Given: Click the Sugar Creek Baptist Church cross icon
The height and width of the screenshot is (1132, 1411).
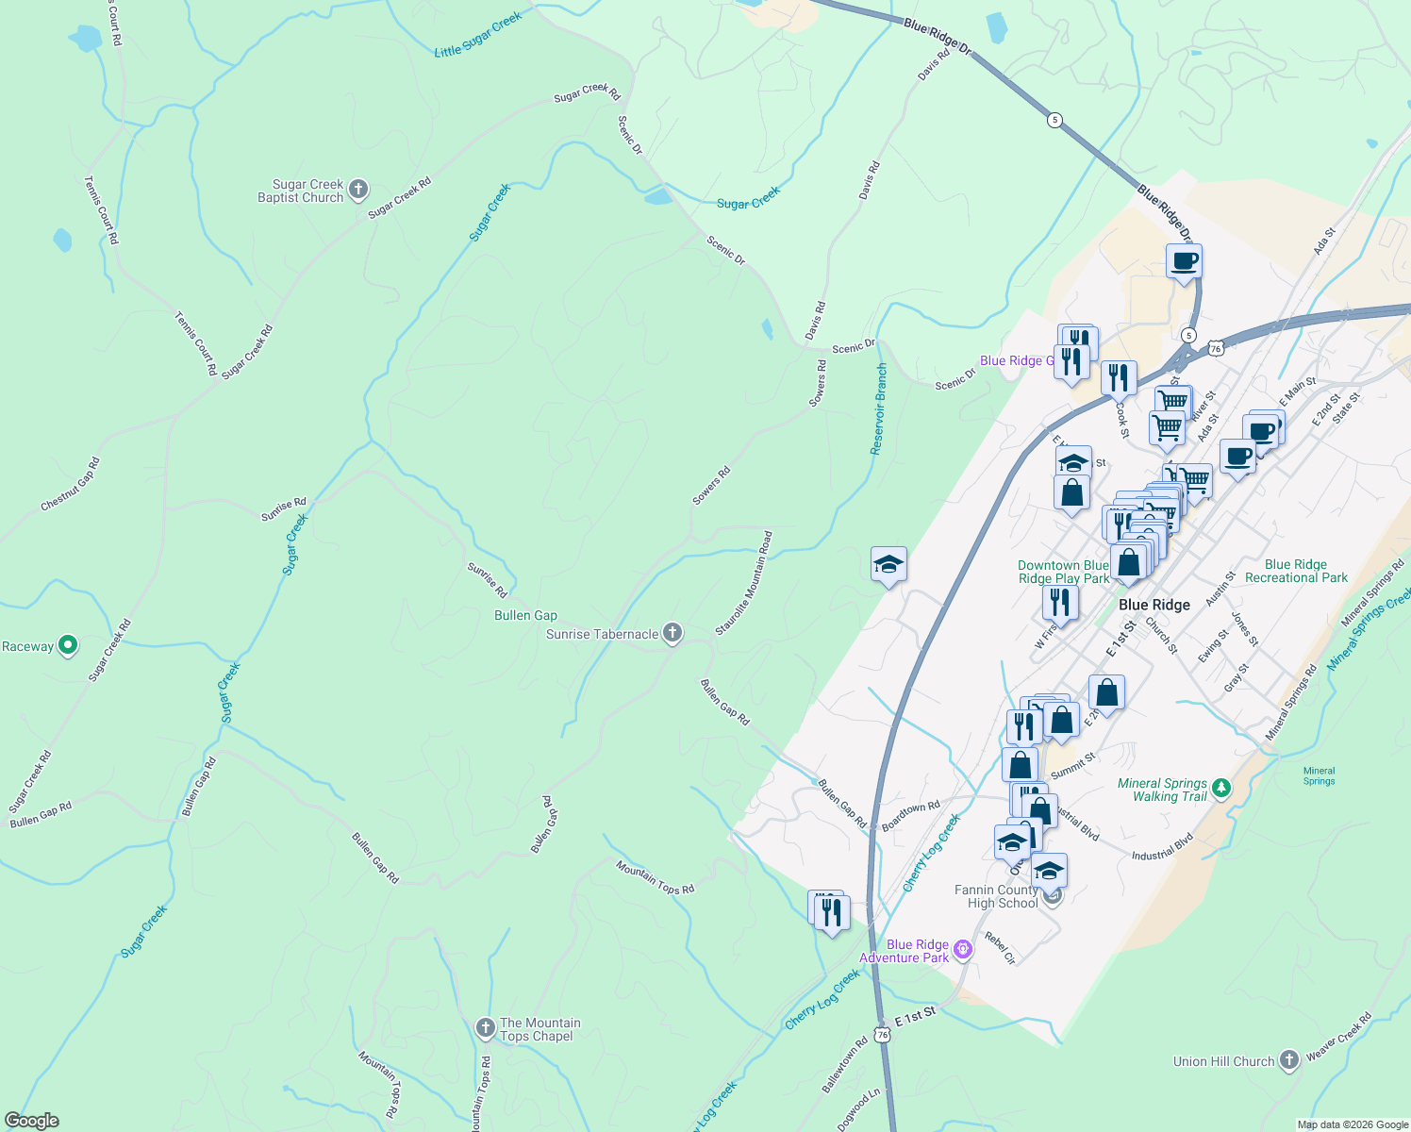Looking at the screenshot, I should pos(358,190).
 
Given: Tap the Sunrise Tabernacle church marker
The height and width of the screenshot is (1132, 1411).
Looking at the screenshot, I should pos(672,633).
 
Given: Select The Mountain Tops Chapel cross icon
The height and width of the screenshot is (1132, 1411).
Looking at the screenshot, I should pos(486,1028).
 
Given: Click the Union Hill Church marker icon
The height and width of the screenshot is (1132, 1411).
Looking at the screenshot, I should pos(1289,1060).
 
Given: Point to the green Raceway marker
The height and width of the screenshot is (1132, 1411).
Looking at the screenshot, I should pos(68,645).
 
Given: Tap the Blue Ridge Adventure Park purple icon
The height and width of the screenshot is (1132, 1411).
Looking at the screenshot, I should pos(963,949).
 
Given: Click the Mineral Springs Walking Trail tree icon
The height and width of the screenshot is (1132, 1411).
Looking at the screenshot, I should pos(1221,788).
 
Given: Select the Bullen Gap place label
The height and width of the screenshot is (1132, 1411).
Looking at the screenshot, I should pos(525,615).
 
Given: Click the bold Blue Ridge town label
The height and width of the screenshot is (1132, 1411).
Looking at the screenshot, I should pos(1154,605).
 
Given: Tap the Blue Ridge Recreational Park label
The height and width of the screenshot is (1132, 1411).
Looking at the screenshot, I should pos(1296,571).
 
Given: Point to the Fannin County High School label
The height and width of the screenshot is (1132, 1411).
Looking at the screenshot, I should pos(996,896).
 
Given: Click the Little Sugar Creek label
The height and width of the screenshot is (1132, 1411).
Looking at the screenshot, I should pos(477,35).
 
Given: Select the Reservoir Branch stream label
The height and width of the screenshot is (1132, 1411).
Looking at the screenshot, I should pos(879,408).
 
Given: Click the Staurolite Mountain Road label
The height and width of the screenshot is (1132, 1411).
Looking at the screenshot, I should pos(744,583).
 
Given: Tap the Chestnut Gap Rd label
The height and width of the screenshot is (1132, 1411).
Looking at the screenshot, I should pos(70,485).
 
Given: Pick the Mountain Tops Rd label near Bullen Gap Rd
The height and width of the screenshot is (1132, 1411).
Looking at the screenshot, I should pos(656,877).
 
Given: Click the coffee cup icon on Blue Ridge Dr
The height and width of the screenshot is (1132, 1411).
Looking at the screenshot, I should pos(1184,261).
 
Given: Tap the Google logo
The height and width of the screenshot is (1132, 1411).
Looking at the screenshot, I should pos(32,1120).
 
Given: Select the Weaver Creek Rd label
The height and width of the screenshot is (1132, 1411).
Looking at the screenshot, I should pos(1339,1037).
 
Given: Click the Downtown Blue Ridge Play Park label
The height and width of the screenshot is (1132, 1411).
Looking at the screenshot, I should pos(1063,572).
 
